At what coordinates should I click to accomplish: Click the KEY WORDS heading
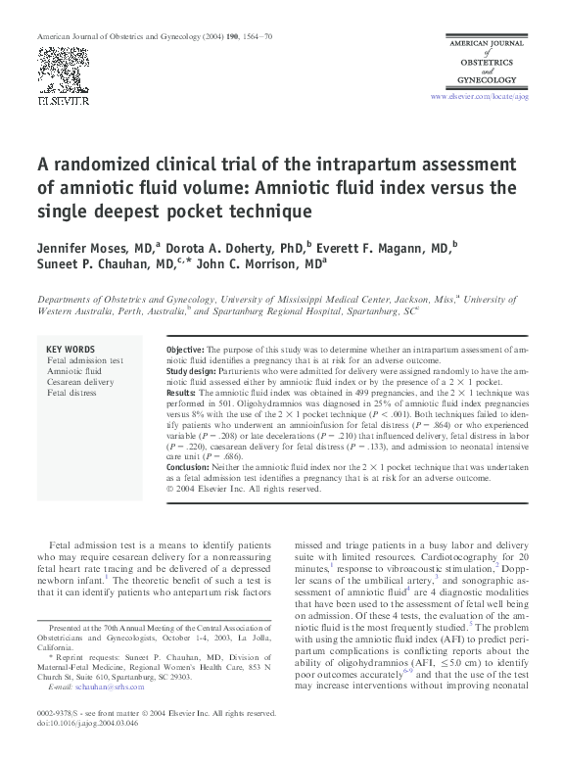tap(70, 350)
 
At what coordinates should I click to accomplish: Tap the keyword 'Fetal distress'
tap(71, 393)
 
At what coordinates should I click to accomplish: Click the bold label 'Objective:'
tap(184, 350)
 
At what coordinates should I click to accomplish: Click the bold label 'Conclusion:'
tap(190, 467)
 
